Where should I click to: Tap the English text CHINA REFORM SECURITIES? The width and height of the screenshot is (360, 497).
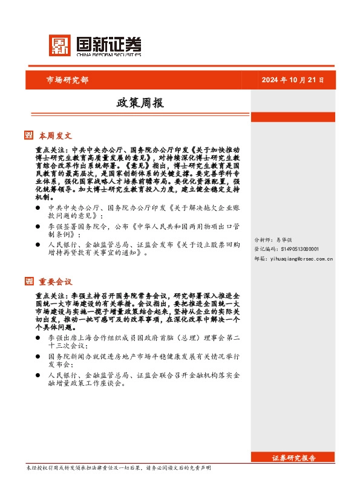[x=110, y=53]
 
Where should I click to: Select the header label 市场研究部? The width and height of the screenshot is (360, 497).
[x=67, y=80]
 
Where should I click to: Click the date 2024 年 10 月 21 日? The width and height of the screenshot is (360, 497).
[x=292, y=80]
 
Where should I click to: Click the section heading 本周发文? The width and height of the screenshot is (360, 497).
[x=56, y=135]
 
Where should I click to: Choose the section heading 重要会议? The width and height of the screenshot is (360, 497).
[x=56, y=281]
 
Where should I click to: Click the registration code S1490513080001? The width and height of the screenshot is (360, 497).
[x=287, y=248]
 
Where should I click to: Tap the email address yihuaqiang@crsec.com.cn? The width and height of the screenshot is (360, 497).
[x=293, y=258]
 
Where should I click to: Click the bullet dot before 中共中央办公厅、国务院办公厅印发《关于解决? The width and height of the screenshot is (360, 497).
[x=38, y=207]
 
